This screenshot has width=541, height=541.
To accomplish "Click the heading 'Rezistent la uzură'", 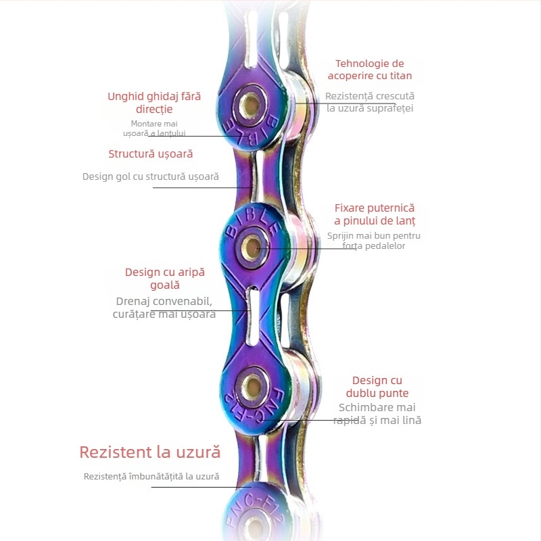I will click(x=149, y=452).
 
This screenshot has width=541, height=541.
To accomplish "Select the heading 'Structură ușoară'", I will click(x=151, y=154).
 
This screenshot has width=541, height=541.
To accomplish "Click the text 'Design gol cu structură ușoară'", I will click(x=151, y=177).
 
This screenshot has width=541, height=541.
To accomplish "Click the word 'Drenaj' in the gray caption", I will click(x=138, y=301).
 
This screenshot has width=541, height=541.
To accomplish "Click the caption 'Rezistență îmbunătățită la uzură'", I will click(x=151, y=477).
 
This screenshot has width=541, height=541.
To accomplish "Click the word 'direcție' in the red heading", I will click(x=154, y=109).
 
